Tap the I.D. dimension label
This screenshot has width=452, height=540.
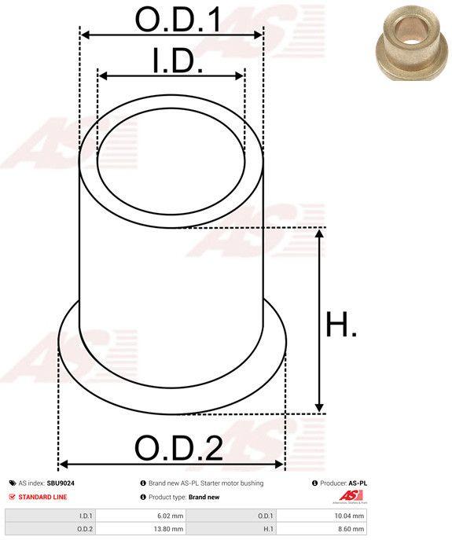(178, 61)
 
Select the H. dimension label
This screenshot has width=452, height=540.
(341, 324)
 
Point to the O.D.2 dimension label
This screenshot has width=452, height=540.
(178, 448)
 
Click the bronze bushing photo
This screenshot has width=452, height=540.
(410, 42)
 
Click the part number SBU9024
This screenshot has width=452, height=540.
(61, 483)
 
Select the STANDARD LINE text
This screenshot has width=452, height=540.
(42, 497)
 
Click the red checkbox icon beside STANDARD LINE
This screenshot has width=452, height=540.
(13, 497)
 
